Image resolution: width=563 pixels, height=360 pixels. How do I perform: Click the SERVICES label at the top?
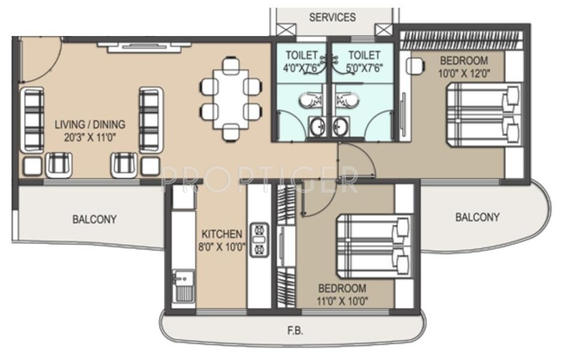point(332,17)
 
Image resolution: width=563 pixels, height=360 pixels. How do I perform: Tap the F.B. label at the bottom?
point(295,331)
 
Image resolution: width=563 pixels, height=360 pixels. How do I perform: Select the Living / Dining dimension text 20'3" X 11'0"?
point(90,137)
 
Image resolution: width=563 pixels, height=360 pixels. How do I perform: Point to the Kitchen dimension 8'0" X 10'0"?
point(222,247)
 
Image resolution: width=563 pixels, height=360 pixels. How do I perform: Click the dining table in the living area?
point(231,99)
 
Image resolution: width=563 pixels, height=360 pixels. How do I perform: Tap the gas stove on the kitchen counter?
point(259,240)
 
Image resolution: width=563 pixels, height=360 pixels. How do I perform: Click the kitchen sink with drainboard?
point(183,286)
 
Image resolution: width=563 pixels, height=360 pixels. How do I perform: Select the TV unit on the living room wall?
point(144,47)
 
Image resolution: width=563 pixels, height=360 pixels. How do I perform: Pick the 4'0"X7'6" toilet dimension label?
point(301,68)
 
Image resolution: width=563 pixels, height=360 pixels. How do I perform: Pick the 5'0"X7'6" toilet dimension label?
point(365,68)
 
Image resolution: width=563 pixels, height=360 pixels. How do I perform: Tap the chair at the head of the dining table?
point(230,66)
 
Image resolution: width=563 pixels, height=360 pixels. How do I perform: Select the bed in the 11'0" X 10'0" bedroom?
point(374,247)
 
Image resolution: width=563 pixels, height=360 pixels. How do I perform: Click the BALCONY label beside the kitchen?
point(94,219)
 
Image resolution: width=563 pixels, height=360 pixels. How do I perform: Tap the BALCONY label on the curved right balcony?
point(477,217)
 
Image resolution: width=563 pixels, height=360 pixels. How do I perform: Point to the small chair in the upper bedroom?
point(416,67)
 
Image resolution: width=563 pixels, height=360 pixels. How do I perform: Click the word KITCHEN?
point(222,234)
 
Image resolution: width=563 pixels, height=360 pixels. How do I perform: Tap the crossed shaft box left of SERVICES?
point(286,29)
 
